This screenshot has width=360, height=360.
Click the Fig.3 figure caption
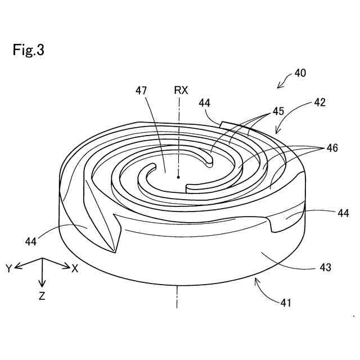(x=28, y=50)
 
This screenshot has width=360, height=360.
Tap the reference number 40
(x=300, y=74)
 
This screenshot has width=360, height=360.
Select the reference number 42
(x=319, y=103)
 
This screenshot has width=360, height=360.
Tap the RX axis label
(x=181, y=89)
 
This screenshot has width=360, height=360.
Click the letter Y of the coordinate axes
(x=9, y=269)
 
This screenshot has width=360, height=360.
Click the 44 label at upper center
(x=204, y=103)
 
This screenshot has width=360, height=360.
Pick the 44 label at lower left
(x=31, y=241)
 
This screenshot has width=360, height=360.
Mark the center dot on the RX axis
(x=178, y=177)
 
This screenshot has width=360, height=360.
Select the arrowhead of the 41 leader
(x=256, y=280)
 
